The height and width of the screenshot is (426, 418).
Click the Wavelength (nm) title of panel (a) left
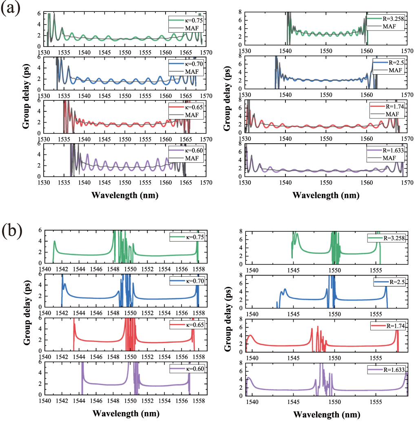click(x=125, y=195)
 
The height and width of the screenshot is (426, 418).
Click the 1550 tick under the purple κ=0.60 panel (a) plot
click(x=125, y=183)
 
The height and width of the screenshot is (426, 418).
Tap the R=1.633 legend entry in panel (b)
click(x=386, y=370)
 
